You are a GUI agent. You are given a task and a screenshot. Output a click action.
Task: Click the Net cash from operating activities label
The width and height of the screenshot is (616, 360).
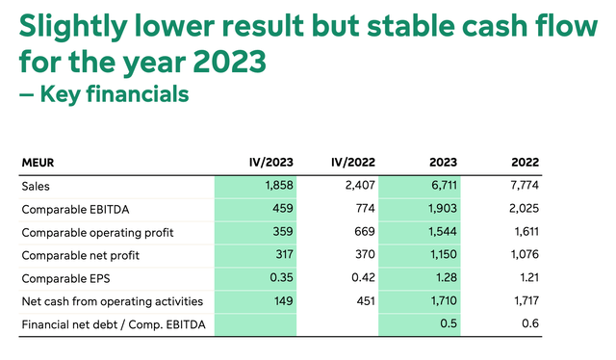(111, 301)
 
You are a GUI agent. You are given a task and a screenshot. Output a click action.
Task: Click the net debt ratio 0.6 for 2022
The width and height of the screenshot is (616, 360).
(529, 324)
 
